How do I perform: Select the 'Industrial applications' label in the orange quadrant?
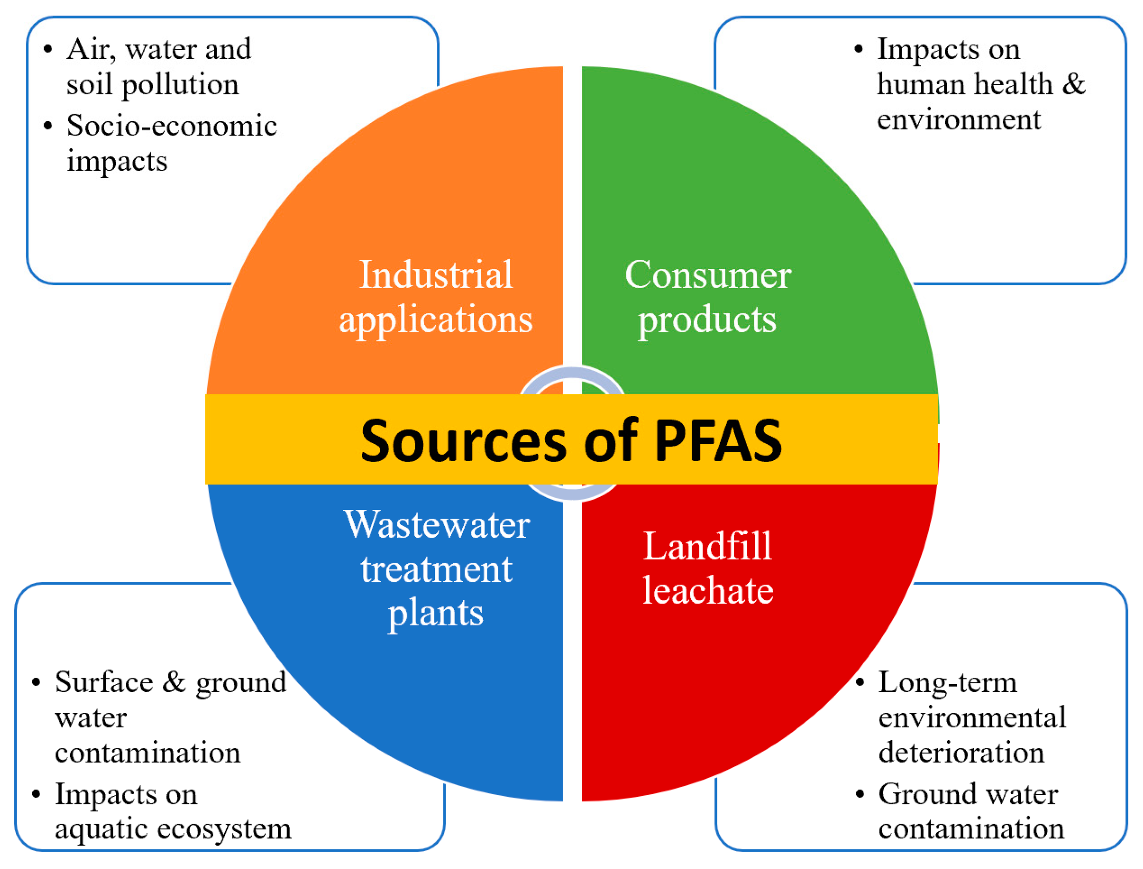(x=435, y=297)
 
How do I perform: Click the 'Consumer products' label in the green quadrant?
(x=708, y=297)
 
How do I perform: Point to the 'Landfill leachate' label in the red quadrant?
(x=708, y=567)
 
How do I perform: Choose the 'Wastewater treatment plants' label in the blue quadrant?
(x=436, y=568)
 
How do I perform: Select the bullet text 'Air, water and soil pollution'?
(x=158, y=66)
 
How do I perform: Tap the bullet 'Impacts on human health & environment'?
(x=980, y=84)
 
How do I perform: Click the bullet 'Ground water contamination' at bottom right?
(x=970, y=811)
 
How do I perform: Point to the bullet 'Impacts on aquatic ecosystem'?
(x=172, y=811)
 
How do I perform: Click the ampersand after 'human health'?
(x=1073, y=84)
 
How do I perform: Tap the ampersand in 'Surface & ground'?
(x=174, y=681)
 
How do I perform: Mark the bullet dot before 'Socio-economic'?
(x=48, y=126)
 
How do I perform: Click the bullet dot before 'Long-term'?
(x=860, y=682)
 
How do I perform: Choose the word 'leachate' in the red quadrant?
(x=708, y=590)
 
